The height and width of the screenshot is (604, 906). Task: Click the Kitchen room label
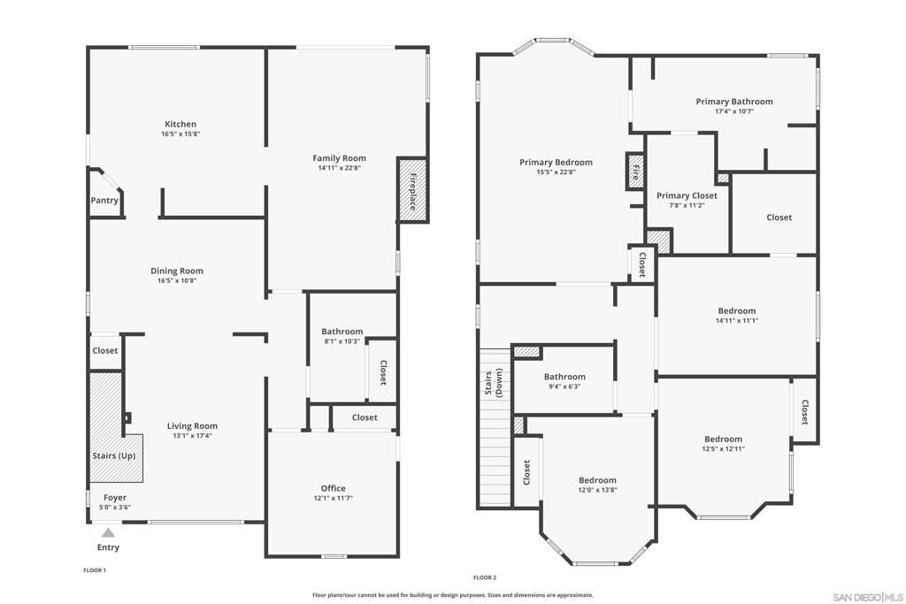coord(180,124)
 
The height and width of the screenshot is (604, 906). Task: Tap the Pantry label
coord(104,201)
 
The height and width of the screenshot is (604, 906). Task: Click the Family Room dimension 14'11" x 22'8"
coord(340,168)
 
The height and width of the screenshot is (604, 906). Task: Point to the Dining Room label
coord(177,271)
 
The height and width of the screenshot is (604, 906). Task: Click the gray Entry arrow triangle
coord(108,532)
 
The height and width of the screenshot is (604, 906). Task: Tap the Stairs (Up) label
coord(114,456)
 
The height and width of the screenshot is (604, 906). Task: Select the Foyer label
coord(115,498)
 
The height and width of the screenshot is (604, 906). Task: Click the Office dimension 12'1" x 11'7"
coord(333,498)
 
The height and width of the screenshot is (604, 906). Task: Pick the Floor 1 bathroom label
coord(342,332)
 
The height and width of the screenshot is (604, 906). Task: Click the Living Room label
coord(192,425)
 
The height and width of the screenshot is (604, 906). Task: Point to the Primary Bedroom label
coord(556,162)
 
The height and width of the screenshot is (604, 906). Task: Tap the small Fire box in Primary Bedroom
coord(634,171)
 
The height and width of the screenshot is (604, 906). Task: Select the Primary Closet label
coord(687,195)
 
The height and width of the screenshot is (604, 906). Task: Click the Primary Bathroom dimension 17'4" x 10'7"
coord(733,111)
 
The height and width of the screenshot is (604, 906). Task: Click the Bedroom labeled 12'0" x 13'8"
coord(597,480)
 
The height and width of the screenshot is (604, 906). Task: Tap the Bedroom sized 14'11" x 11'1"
coord(736,310)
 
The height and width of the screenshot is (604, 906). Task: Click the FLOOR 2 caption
coord(484,577)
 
